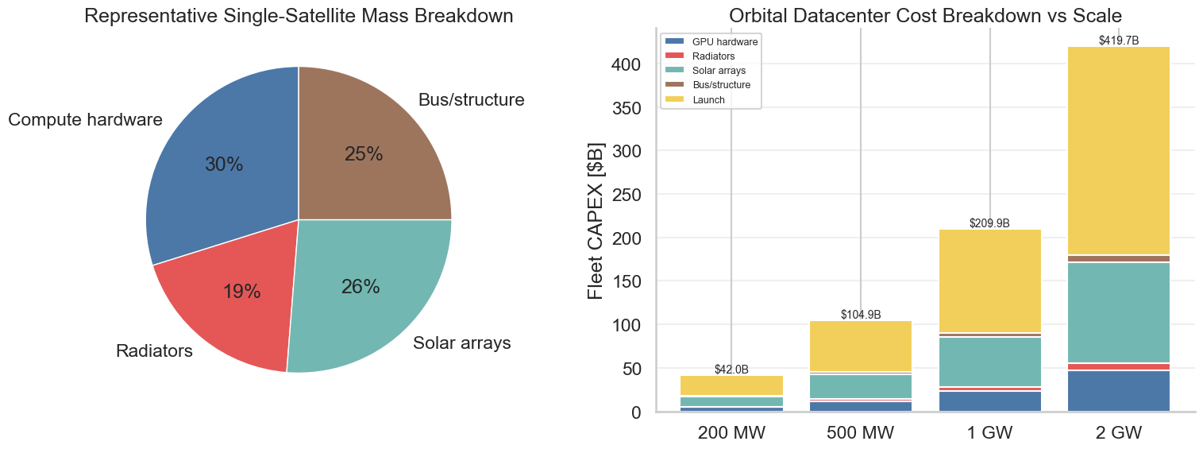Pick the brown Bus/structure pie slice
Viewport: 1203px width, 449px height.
click(365, 151)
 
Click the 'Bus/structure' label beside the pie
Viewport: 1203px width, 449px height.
click(471, 100)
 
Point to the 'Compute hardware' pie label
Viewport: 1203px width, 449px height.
click(85, 120)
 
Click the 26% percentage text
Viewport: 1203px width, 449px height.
click(361, 287)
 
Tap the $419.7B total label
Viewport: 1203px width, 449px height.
click(1119, 40)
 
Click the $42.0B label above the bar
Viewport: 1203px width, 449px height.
click(731, 370)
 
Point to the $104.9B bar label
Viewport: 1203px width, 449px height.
click(861, 315)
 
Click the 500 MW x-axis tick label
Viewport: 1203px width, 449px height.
click(861, 433)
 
